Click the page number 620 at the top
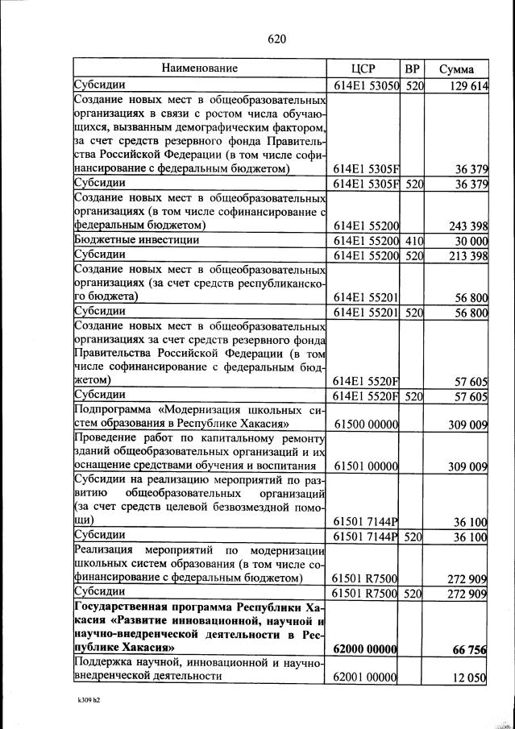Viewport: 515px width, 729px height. pos(277,39)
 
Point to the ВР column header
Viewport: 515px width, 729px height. pos(413,68)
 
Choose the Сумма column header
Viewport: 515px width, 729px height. pos(456,69)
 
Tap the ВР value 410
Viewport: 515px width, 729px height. pos(414,240)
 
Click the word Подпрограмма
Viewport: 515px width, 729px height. pos(110,410)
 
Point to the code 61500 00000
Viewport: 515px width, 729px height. pos(367,424)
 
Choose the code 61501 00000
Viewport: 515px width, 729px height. pos(367,466)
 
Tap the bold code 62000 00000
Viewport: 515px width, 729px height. pos(367,649)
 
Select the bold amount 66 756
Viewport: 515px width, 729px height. pos(471,649)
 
